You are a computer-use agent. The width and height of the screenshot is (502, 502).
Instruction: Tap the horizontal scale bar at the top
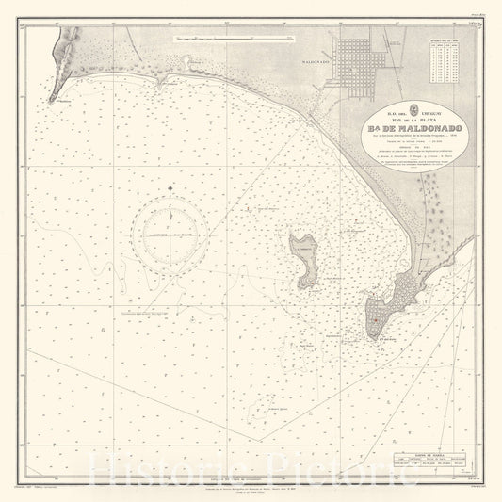point(232,39)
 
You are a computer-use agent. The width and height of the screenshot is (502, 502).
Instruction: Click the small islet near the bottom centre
point(274,395)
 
